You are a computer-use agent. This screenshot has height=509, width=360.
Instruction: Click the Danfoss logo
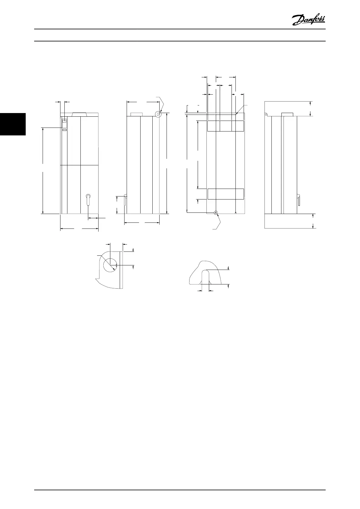308,20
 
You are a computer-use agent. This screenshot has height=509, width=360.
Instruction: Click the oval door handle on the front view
88,200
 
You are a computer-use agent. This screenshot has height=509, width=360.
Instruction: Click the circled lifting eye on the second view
158,114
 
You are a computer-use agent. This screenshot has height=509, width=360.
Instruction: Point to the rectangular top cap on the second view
137,115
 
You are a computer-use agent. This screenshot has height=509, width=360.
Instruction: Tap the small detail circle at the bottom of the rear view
216,213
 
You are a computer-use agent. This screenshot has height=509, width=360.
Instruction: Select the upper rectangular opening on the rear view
225,126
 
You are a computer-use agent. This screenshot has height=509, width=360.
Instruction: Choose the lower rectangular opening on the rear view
225,194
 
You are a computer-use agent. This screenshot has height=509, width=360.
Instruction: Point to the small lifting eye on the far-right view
266,115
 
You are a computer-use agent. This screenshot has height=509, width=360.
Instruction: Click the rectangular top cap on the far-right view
287,114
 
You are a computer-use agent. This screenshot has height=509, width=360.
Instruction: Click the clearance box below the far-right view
288,221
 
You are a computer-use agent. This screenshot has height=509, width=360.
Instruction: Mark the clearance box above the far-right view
288,109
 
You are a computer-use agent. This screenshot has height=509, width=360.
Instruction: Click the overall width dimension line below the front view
79,229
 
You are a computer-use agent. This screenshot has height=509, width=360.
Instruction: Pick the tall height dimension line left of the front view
43,171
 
